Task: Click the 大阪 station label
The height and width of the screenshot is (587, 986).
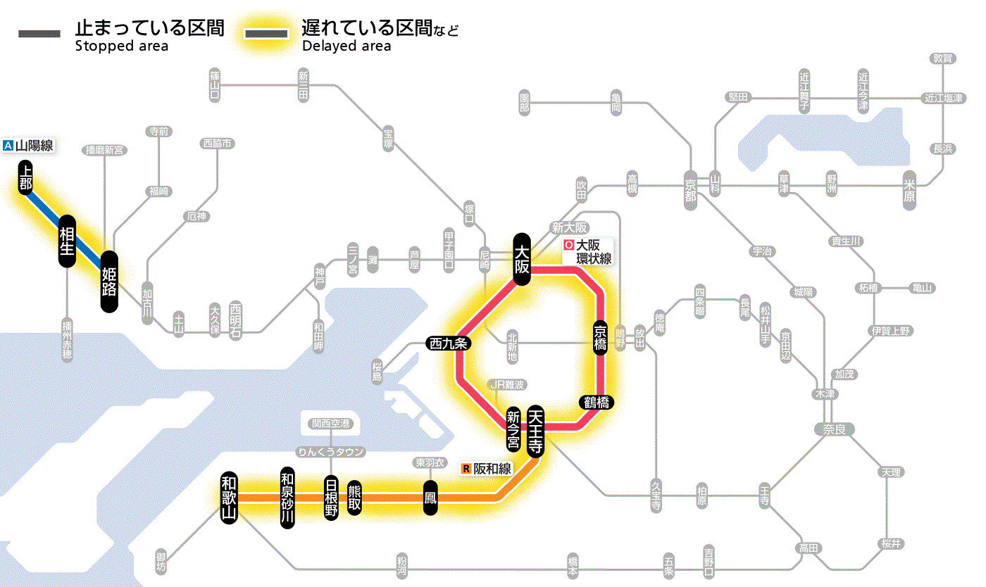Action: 522,259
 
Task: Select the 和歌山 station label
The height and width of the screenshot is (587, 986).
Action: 229,496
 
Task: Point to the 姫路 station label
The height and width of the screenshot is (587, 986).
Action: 109,282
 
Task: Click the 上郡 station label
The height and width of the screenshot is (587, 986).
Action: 26,177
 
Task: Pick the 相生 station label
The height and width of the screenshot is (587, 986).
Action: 67,241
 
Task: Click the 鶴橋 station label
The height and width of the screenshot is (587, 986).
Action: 597,403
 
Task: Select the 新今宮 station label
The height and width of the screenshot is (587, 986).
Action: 513,429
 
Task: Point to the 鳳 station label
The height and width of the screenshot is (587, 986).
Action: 430,498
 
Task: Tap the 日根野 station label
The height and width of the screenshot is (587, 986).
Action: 331,498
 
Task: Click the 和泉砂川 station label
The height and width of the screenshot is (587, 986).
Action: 287,496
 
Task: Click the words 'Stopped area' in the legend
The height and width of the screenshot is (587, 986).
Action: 122,46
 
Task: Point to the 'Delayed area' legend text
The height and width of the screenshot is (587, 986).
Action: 347,46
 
